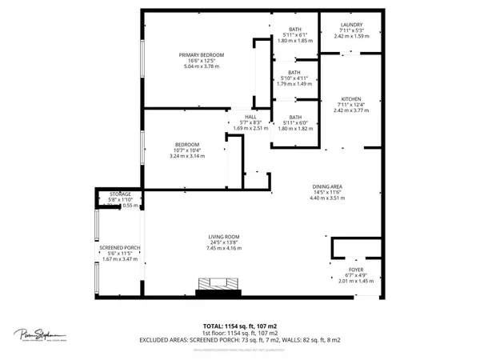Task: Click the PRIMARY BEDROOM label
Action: (201, 54)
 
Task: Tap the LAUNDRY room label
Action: (352, 25)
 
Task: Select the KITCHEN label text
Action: (352, 98)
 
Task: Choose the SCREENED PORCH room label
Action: (119, 248)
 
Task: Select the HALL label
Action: (239, 115)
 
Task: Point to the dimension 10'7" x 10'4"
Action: (186, 150)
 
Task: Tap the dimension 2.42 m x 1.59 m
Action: (352, 36)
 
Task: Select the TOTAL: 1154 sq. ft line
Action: (240, 326)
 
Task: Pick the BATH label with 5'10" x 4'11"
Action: (294, 72)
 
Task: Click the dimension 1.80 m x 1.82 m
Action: (294, 128)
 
